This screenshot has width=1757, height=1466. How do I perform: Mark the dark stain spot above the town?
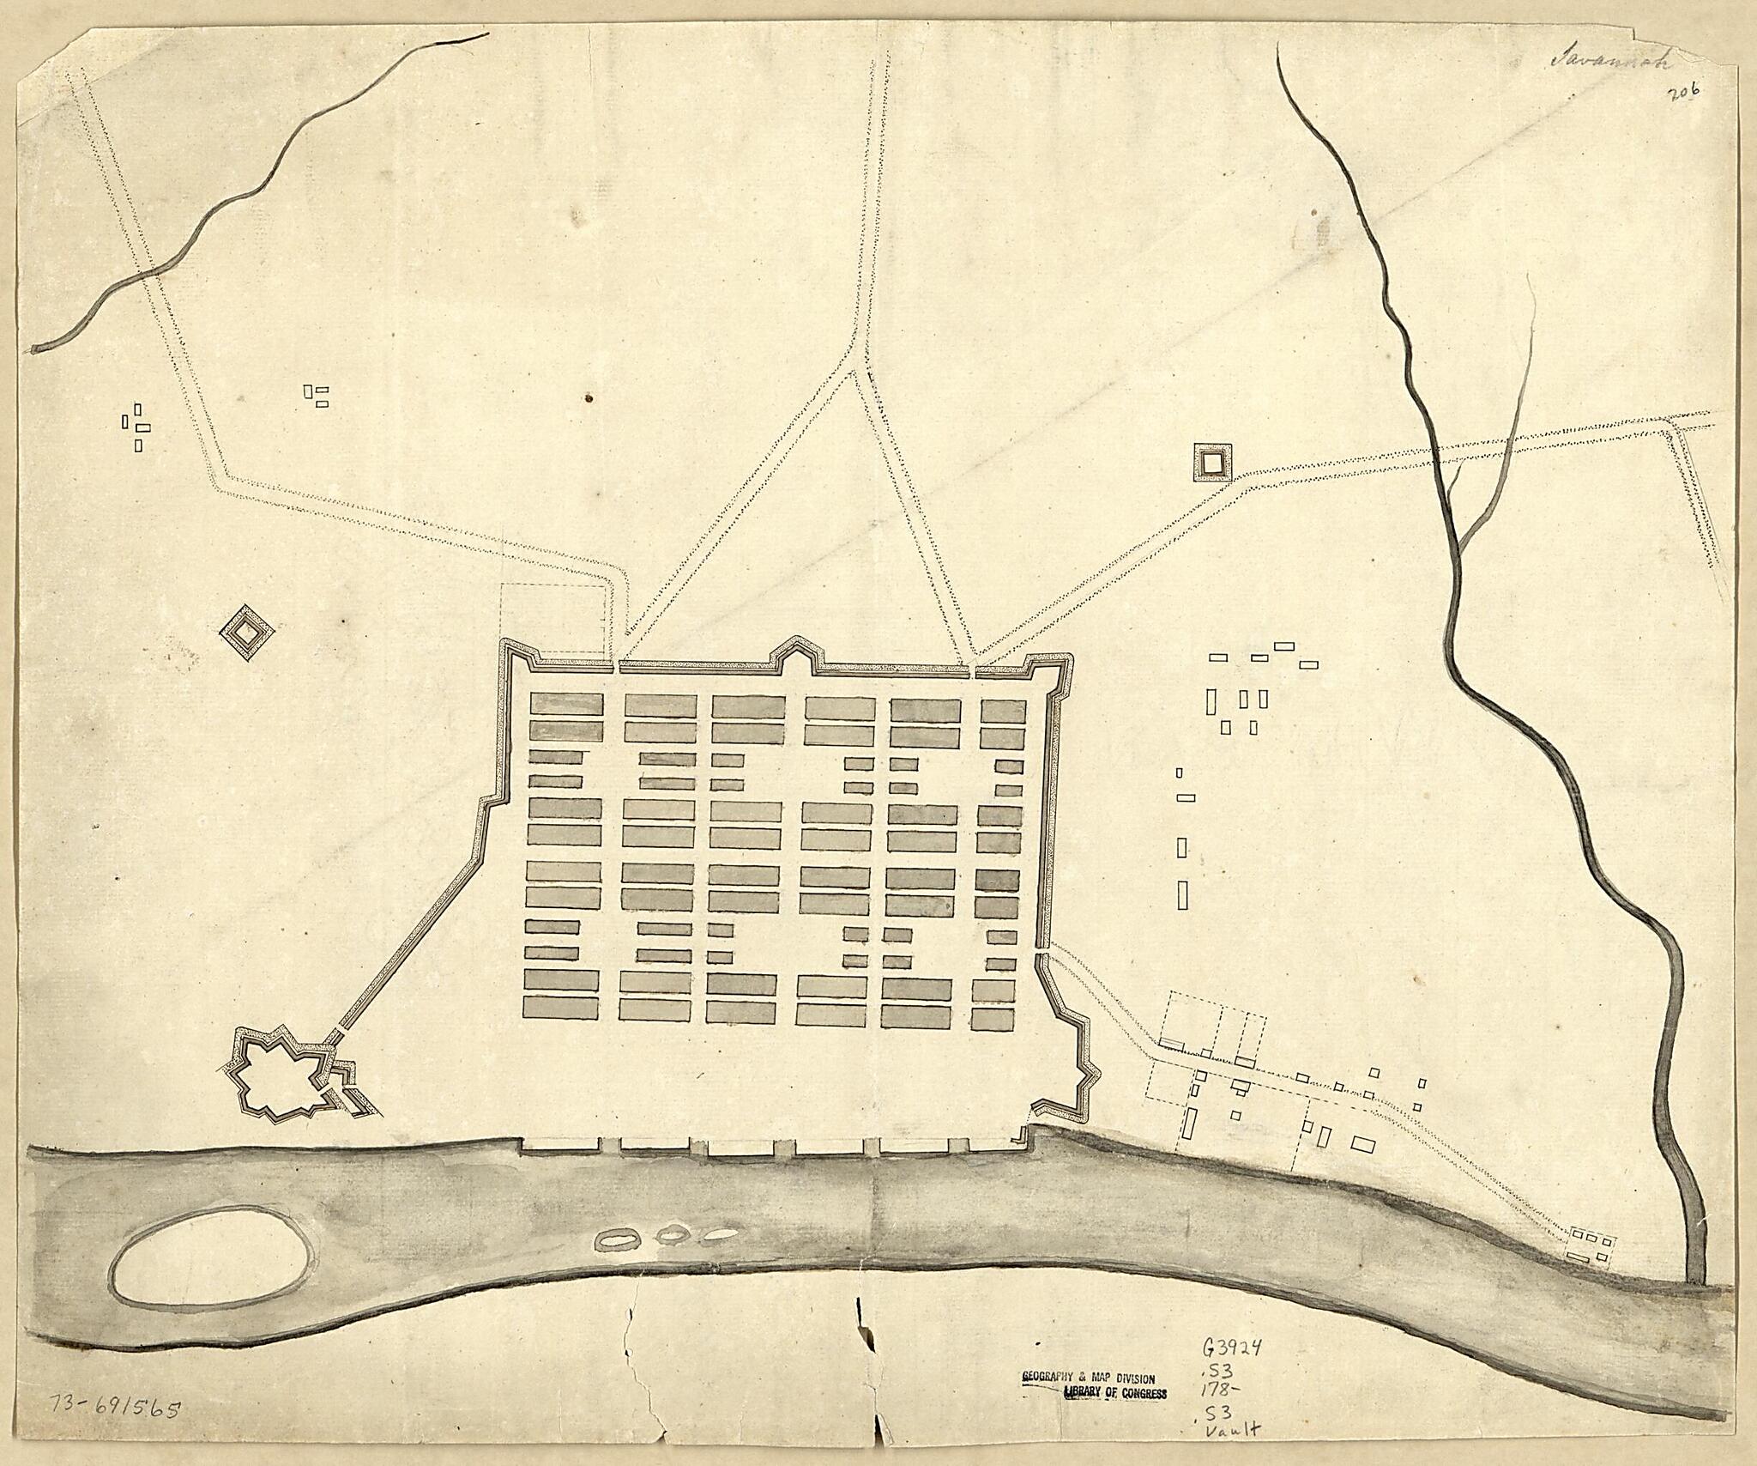[x=589, y=397]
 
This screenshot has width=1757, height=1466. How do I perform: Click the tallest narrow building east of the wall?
[x=1183, y=895]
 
